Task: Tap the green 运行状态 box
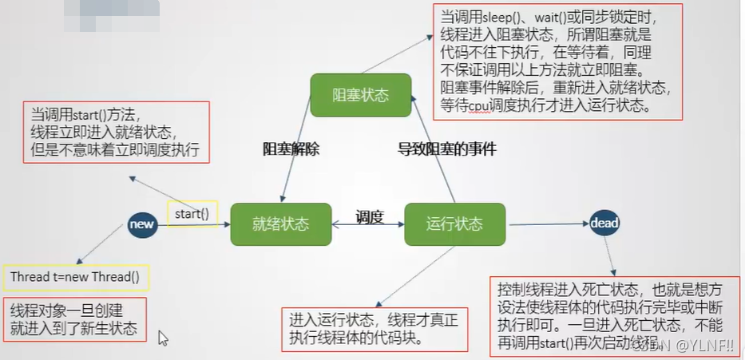click(x=454, y=224)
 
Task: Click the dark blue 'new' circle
click(x=141, y=225)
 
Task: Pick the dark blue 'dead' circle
click(x=604, y=224)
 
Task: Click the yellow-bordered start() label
click(x=192, y=213)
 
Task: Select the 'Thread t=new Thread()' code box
click(x=75, y=277)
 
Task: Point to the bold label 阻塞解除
click(x=291, y=148)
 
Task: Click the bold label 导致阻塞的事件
click(x=447, y=148)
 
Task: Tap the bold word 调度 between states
click(x=370, y=216)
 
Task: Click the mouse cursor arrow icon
click(x=164, y=338)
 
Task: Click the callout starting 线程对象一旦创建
click(x=75, y=319)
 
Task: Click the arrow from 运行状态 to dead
click(x=548, y=224)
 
